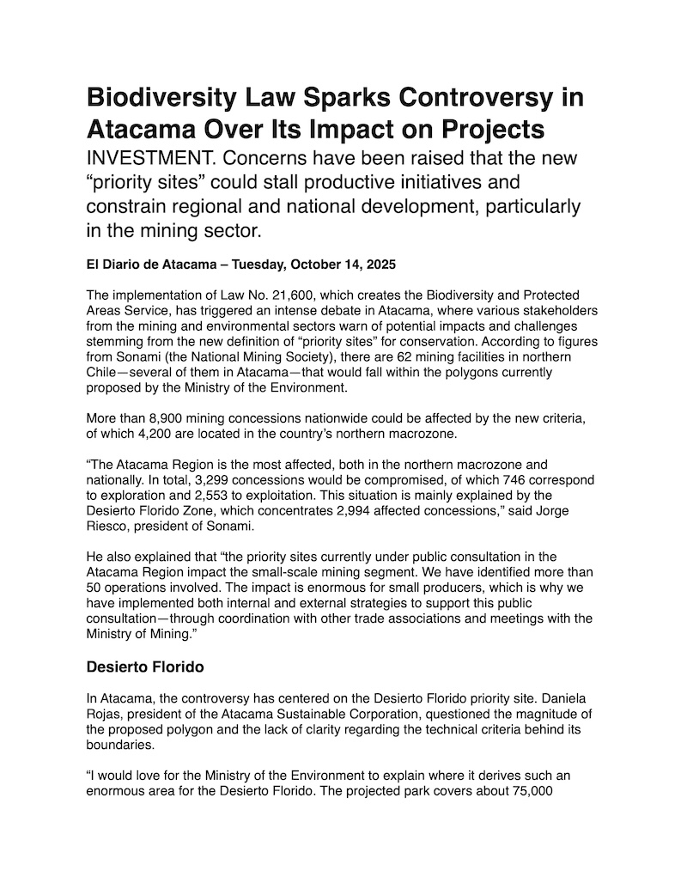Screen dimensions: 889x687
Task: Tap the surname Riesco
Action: pyautogui.click(x=109, y=527)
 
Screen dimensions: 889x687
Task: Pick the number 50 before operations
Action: pyautogui.click(x=96, y=588)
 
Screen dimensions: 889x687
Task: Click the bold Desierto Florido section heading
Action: pyautogui.click(x=146, y=666)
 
